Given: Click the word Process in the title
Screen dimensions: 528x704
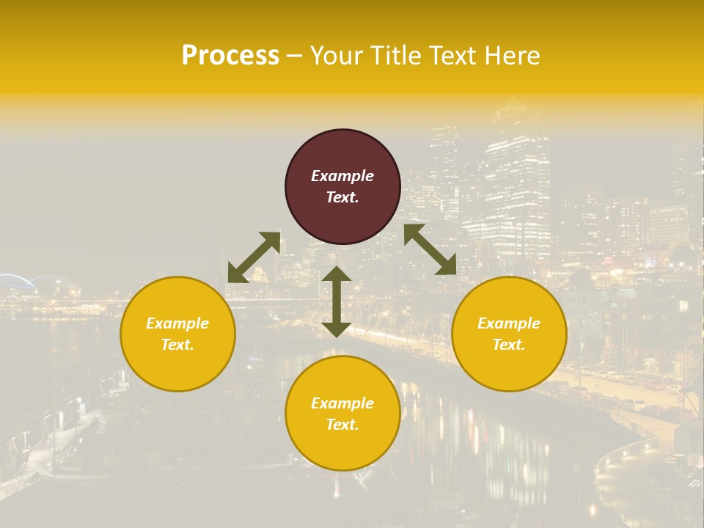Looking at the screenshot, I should click(230, 56).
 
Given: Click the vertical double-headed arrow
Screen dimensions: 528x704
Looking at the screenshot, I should click(337, 301).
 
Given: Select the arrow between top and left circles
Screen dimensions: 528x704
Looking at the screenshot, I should click(254, 257).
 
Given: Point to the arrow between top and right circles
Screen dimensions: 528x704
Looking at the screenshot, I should click(430, 249).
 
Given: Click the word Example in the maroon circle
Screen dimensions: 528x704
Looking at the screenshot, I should click(342, 176).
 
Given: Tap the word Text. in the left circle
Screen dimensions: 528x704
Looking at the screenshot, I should click(177, 345).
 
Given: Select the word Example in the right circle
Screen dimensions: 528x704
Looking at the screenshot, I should click(509, 323).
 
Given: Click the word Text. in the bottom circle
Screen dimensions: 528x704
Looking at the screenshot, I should click(342, 425).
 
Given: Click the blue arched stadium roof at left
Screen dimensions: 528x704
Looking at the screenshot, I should click(16, 282).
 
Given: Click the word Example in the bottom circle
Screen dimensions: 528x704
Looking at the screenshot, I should click(342, 403).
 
